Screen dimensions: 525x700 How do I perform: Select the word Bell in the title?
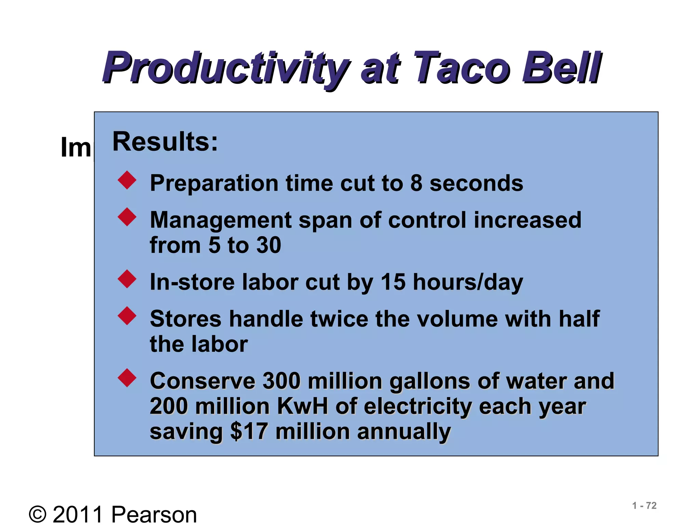pos(561,68)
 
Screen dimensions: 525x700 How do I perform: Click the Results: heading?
pos(165,142)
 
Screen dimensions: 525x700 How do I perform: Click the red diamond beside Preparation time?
pos(127,180)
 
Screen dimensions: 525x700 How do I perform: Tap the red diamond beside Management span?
pos(127,217)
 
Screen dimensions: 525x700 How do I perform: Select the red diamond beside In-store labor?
pos(127,279)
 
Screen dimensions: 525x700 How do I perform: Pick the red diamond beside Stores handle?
pos(127,315)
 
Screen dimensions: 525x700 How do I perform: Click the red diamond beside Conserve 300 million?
pos(127,378)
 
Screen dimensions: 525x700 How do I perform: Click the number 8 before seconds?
pos(416,183)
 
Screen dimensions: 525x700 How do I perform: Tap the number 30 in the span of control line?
pos(269,245)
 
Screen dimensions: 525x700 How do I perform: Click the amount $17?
pos(249,431)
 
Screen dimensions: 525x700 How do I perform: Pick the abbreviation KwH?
pos(302,406)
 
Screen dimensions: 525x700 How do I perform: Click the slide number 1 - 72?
pos(644,506)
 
